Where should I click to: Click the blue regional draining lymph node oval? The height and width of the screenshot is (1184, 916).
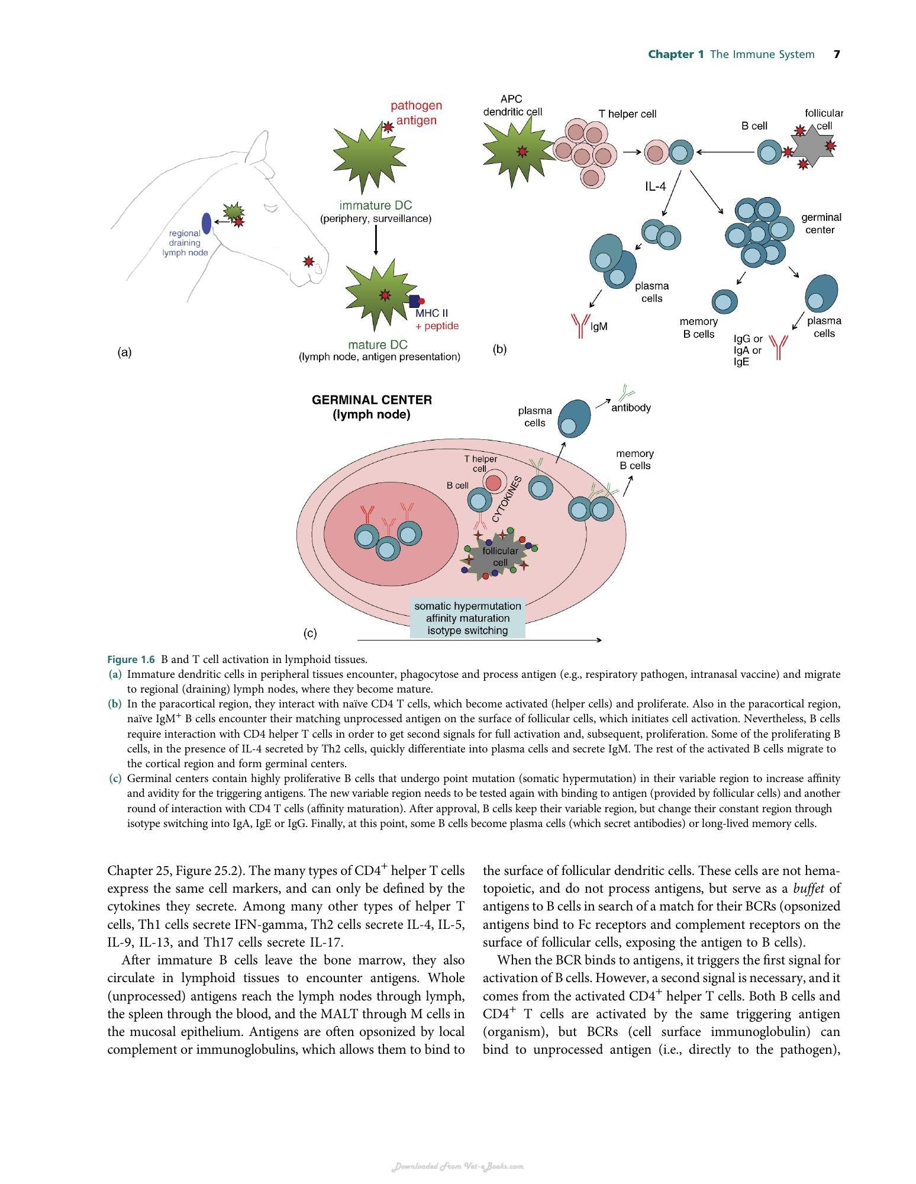click(x=207, y=223)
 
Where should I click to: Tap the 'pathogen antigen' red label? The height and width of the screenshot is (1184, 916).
click(x=417, y=112)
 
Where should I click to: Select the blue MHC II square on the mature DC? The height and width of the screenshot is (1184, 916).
click(x=415, y=301)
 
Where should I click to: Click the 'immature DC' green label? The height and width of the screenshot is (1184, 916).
click(x=376, y=205)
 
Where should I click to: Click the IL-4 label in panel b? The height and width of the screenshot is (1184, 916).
click(x=655, y=186)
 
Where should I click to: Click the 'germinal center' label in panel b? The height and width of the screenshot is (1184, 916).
click(x=821, y=223)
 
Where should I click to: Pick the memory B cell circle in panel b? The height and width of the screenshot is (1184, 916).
click(x=725, y=303)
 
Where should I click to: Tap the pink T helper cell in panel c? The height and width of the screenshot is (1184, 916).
click(x=493, y=482)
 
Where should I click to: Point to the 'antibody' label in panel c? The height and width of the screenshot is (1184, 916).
click(x=631, y=407)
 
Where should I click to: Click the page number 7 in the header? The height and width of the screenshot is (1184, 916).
click(x=837, y=54)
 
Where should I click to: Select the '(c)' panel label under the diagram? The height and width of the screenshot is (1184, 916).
click(x=310, y=633)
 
